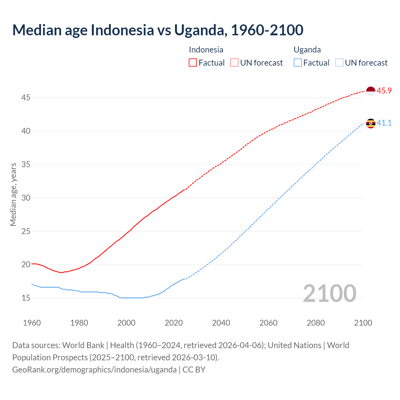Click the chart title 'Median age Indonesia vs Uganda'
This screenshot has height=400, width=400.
158,30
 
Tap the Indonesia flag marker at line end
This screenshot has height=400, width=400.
370,91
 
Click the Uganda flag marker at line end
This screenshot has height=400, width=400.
370,123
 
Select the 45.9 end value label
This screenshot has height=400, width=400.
384,91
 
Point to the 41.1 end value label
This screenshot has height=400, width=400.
384,123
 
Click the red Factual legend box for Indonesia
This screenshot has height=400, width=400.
193,63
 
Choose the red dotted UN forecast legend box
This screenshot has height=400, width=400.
234,63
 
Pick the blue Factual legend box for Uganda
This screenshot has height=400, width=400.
298,63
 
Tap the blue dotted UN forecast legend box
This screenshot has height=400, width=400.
339,63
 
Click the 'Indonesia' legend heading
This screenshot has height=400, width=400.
206,50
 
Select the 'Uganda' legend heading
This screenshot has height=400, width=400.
307,50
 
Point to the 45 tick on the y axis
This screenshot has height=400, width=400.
26,98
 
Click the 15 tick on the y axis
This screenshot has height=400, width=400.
26,298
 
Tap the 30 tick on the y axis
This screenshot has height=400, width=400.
26,198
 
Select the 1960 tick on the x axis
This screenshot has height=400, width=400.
32,323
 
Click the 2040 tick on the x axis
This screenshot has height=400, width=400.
221,323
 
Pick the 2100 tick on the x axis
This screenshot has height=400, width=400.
363,323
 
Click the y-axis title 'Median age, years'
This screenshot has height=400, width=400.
13,194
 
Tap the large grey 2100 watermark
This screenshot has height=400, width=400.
329,293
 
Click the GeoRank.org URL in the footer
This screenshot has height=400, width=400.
94,370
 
